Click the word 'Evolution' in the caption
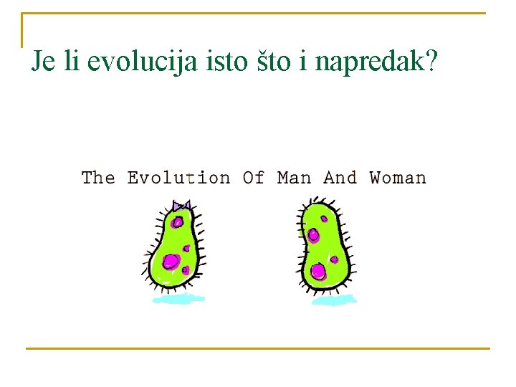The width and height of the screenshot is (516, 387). coord(178,177)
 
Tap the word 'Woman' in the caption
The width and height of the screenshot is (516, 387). coord(398,177)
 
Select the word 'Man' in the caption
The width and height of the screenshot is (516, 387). coord(294,177)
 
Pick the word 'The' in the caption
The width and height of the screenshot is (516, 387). coord(97,177)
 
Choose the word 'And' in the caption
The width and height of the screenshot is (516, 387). coord(340,177)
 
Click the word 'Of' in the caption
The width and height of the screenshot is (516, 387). coord(254,177)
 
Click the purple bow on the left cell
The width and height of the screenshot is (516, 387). coord(181,206)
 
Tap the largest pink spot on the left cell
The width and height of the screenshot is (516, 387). coord(171,262)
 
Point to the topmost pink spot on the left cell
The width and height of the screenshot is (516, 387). coord(177,222)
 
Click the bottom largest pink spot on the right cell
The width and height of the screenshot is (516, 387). coord(317,271)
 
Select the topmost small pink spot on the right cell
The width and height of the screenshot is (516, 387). coord(324,219)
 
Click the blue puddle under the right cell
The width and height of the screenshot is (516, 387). coord(331,300)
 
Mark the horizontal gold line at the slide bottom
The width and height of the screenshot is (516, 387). coord(258,349)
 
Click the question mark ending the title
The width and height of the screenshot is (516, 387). coord(430,62)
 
